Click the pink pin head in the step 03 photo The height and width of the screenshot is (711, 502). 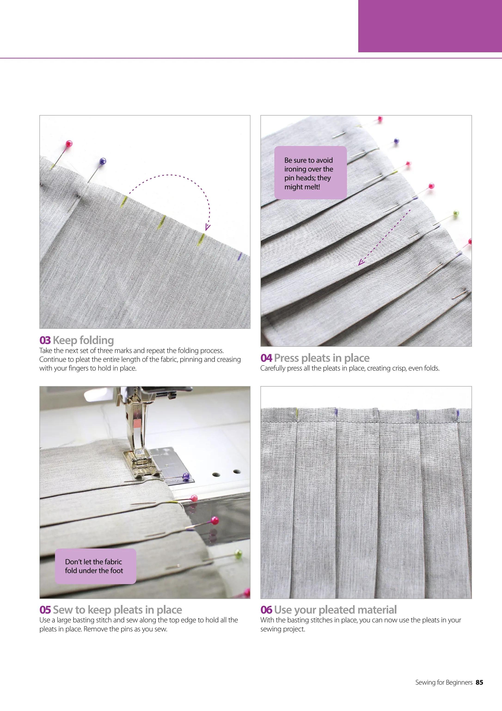coord(69,144)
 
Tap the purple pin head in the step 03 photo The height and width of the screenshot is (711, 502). coord(103,161)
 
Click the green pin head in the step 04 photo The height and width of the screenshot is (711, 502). coord(456,213)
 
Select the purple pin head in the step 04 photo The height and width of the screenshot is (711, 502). coord(396,141)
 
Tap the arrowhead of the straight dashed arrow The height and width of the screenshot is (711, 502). coord(361,263)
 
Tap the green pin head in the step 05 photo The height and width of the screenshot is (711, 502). coord(238,553)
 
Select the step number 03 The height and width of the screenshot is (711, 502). coord(45,340)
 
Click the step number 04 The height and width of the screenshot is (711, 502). coord(266,358)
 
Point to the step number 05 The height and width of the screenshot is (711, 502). coord(45,610)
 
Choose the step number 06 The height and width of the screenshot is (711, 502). coord(266,610)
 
